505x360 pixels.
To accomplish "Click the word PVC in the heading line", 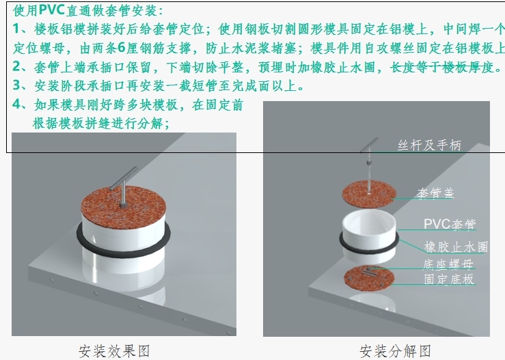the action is click(x=52, y=10).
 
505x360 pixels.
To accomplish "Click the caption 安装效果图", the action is click(x=114, y=351).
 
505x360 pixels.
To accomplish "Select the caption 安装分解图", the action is click(x=395, y=351).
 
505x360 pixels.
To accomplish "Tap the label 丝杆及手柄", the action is click(x=429, y=146).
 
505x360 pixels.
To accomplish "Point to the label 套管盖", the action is click(x=435, y=193).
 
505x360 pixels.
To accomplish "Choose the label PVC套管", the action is click(x=450, y=224).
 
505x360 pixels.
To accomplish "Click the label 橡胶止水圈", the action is click(x=456, y=247).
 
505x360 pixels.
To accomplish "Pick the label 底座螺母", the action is click(x=448, y=264).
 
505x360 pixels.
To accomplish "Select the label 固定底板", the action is click(x=449, y=279).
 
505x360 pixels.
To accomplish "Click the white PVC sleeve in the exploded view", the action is click(x=369, y=236).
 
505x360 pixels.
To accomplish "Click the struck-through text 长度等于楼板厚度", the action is click(x=442, y=68).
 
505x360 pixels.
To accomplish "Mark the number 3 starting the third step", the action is click(x=17, y=85).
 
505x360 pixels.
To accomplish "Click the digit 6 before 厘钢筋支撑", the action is click(x=122, y=48).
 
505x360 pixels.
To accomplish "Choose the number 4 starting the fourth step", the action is click(x=17, y=104).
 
